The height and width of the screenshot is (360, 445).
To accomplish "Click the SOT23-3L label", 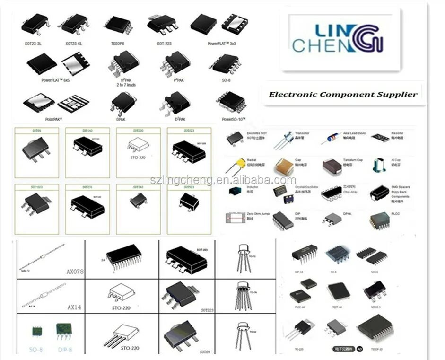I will coord(35,44).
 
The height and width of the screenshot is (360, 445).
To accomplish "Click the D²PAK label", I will coord(180,120).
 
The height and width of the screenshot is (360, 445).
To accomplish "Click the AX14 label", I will coord(74,307).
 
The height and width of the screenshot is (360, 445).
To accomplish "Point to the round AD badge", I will coord(359,349).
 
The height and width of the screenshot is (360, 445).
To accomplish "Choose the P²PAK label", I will coord(180,80).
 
